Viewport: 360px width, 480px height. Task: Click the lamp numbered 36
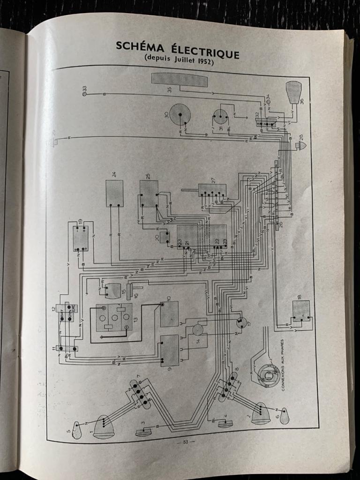(293, 92)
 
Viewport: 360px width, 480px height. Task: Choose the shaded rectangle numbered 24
(114, 193)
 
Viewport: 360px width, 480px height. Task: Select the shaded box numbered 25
(149, 194)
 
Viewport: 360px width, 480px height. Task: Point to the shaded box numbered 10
(169, 314)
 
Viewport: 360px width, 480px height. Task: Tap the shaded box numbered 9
(169, 350)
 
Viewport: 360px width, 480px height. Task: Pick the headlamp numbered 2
(261, 412)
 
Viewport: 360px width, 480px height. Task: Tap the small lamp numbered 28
(301, 145)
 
